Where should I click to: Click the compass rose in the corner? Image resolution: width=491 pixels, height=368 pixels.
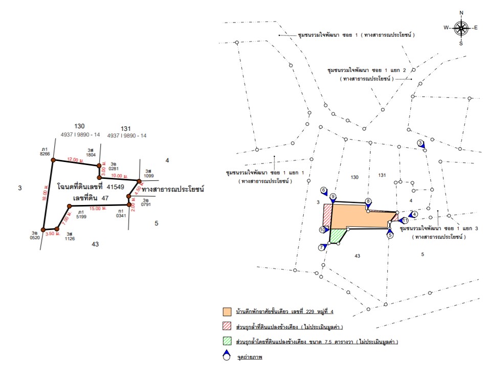pyautogui.click(x=461, y=28)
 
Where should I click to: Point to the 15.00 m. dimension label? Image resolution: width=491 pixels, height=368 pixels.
pyautogui.click(x=97, y=209)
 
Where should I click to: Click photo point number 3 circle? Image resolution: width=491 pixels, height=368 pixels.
pyautogui.click(x=420, y=143)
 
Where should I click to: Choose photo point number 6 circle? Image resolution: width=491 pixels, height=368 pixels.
pyautogui.click(x=324, y=190)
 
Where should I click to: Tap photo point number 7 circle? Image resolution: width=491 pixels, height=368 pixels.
pyautogui.click(x=321, y=247)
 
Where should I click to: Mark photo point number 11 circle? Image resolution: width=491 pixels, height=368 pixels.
pyautogui.click(x=404, y=220)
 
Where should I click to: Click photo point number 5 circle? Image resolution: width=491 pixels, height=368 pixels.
pyautogui.click(x=390, y=235)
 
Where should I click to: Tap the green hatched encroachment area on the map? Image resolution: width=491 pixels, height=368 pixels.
pyautogui.click(x=337, y=235)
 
